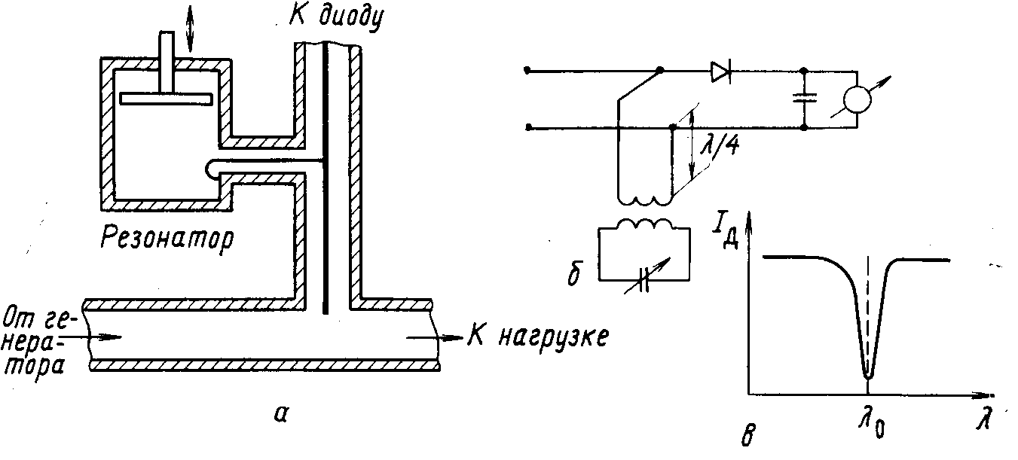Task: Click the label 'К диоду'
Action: click(x=336, y=19)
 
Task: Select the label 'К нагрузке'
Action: click(x=538, y=338)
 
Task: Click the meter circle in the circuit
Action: click(x=857, y=99)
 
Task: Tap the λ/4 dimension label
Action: click(x=720, y=146)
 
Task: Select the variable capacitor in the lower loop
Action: click(x=644, y=278)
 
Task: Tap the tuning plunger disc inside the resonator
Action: click(x=166, y=99)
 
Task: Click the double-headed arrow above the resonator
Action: click(x=190, y=28)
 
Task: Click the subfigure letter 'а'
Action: click(x=282, y=414)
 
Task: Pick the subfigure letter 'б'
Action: click(x=574, y=273)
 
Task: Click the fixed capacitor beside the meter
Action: click(x=804, y=98)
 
